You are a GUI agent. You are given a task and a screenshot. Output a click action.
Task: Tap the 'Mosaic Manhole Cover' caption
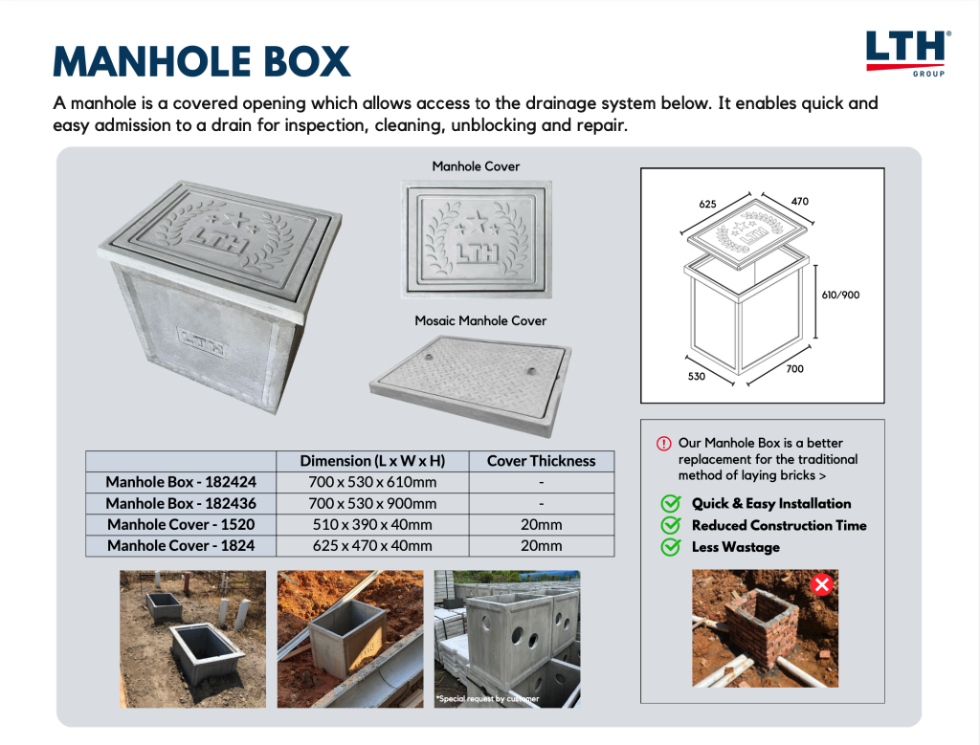pos(480,320)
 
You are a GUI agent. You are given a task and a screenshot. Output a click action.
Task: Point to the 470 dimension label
pos(799,202)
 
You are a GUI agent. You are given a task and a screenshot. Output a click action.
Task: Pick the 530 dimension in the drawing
pos(696,376)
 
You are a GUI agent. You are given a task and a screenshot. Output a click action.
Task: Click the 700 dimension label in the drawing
pos(795,368)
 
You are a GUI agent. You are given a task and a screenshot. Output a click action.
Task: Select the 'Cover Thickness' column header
pos(541,461)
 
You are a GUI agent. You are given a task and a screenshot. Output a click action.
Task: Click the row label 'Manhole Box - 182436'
pos(181,503)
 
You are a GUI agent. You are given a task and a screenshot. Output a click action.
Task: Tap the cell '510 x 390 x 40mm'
pos(372,524)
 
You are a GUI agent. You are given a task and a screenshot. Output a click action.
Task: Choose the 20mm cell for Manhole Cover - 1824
pos(541,546)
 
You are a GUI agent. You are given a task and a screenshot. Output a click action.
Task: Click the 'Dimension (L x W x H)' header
pos(372,461)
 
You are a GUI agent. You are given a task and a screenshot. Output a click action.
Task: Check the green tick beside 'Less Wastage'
pos(671,547)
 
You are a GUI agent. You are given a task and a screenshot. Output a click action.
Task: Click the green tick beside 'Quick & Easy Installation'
pos(671,504)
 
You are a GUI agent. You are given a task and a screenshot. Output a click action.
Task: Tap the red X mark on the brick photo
pos(821,585)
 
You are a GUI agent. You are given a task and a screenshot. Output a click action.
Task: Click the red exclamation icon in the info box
pos(663,444)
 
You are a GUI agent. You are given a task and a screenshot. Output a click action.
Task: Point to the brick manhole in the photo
pos(761,626)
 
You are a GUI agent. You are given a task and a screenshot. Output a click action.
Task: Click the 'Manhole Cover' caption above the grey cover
pos(476,166)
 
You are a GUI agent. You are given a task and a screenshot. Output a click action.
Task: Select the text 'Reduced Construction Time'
pos(779,525)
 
